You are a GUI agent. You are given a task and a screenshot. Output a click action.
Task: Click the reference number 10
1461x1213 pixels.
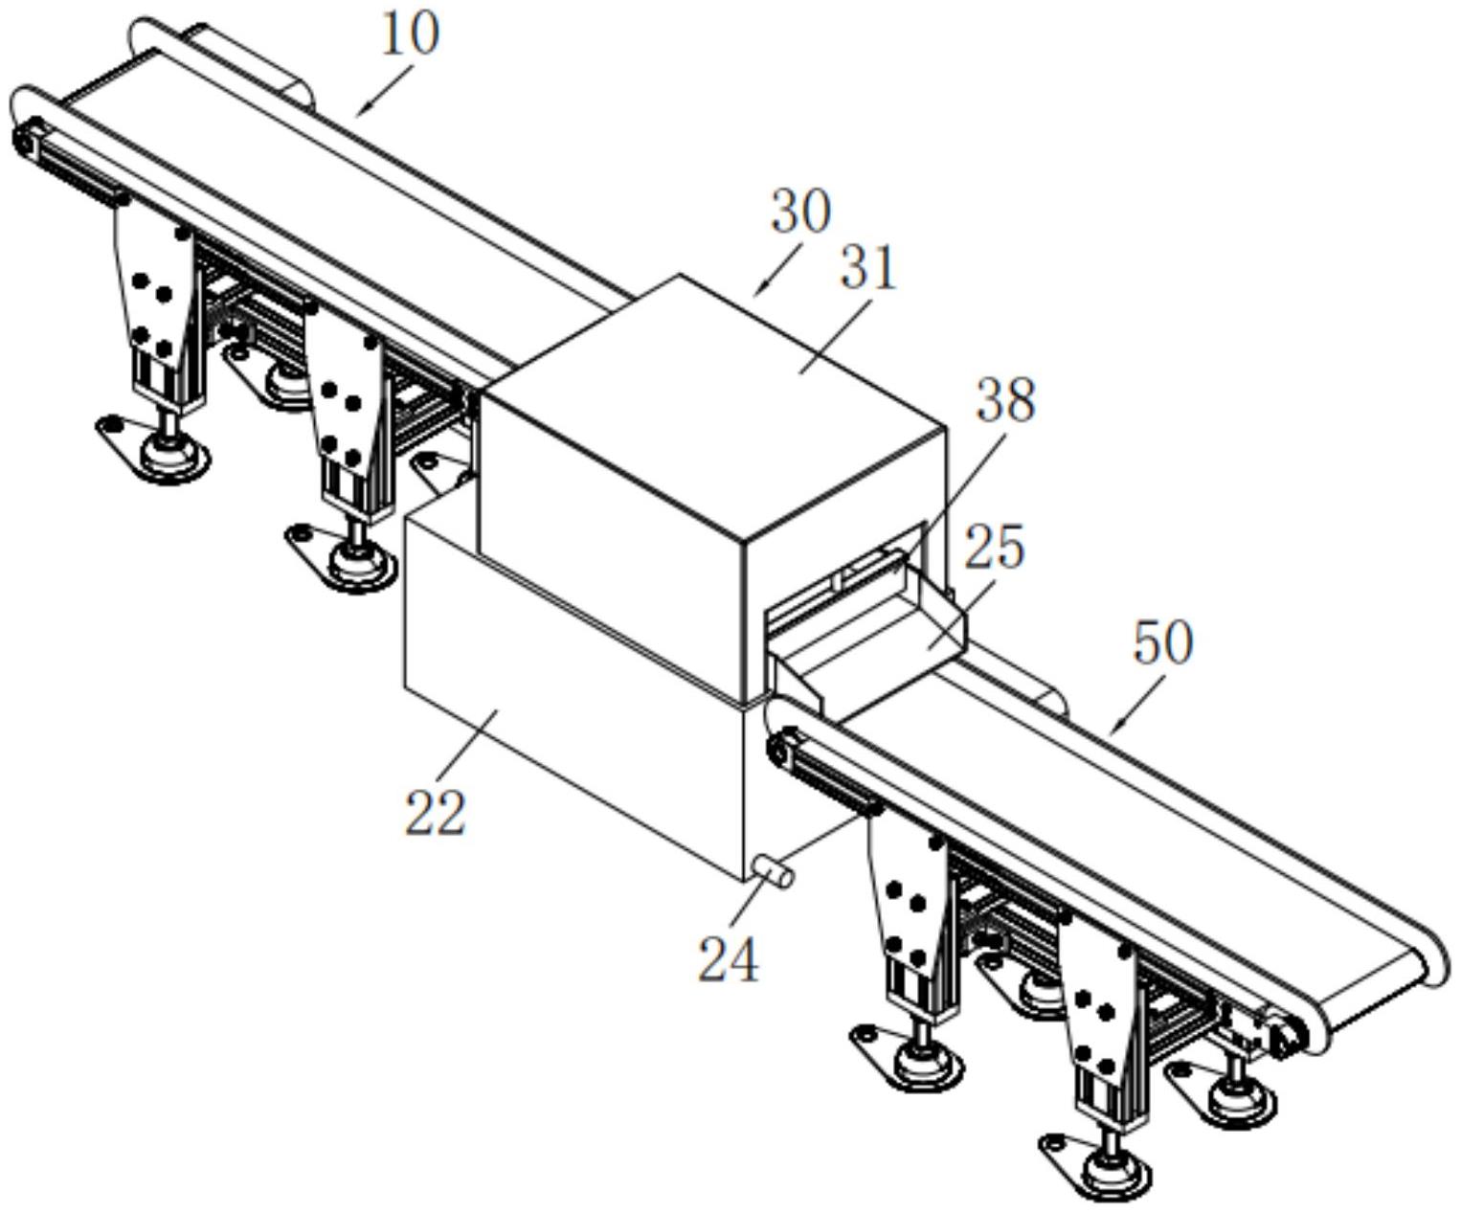(411, 34)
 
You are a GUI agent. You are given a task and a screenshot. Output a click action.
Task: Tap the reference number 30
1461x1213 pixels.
(800, 212)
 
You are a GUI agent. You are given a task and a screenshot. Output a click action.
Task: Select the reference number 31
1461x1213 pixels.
(868, 268)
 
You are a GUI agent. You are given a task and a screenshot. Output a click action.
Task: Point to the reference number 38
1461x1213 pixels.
(1005, 399)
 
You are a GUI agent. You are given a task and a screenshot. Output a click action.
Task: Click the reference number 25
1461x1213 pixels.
(994, 548)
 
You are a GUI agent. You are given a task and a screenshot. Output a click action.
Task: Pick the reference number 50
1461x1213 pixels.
(1162, 642)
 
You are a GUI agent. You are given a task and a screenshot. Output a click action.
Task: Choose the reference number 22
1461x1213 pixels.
(436, 813)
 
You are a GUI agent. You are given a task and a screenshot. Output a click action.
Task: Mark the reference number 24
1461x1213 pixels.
(728, 959)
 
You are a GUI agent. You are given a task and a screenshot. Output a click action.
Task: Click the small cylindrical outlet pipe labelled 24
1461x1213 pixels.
(773, 871)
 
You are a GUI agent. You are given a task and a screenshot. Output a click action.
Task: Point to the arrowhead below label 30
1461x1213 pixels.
(758, 291)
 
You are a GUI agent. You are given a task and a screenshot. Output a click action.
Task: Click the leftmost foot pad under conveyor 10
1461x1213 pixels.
(170, 454)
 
